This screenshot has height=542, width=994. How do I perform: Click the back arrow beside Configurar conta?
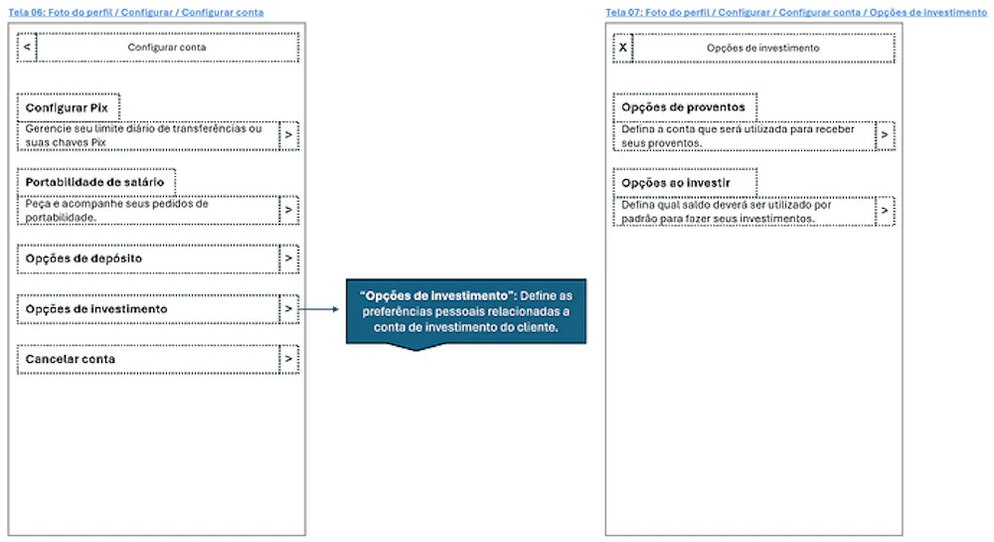pos(27,47)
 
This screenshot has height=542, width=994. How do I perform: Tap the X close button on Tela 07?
pos(623,48)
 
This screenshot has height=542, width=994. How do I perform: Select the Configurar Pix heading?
pos(67,107)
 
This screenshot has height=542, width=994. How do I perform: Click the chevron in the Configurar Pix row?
pos(288,135)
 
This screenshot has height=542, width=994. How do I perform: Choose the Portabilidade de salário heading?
pos(94,182)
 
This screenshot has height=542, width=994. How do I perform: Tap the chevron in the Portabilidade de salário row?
pos(288,210)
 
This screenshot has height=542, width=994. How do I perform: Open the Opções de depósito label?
pos(83,259)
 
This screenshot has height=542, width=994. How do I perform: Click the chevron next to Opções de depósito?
pos(288,259)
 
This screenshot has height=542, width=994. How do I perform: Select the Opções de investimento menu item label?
pos(96,309)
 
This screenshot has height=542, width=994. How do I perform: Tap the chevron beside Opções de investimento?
pos(288,309)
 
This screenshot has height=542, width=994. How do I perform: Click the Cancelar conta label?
pos(71,359)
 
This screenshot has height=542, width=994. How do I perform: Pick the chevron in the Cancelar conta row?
pos(288,359)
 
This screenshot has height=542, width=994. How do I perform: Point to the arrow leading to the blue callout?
pos(318,309)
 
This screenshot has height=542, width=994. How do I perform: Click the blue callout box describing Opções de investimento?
pos(466,312)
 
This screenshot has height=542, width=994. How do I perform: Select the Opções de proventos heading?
pos(684,107)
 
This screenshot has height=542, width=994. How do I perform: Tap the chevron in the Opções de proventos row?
pos(885,135)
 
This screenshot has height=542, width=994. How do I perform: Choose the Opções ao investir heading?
pos(676,183)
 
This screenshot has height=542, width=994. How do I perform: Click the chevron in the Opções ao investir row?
pos(885,211)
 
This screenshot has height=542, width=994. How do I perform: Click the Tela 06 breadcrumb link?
pos(135,12)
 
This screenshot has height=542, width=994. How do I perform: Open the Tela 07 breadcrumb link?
pos(796,12)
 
